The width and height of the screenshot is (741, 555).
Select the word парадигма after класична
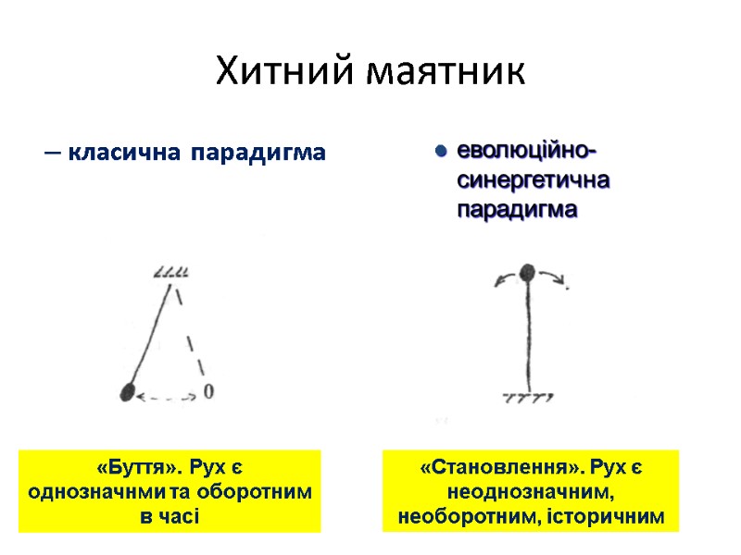pyautogui.click(x=258, y=153)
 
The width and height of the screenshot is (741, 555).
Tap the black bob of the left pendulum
pyautogui.click(x=127, y=392)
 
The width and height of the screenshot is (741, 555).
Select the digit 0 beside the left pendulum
pyautogui.click(x=208, y=392)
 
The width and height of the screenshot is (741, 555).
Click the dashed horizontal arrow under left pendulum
pyautogui.click(x=167, y=398)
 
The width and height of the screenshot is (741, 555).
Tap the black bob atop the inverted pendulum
pyautogui.click(x=527, y=273)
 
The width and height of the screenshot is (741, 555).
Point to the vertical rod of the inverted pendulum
pyautogui.click(x=527, y=333)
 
